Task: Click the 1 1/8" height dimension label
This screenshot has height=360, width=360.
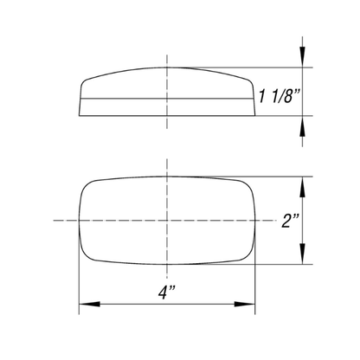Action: pyautogui.click(x=279, y=96)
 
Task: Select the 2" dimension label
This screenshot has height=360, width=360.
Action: pyautogui.click(x=290, y=221)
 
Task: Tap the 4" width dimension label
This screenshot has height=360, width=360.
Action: pyautogui.click(x=167, y=292)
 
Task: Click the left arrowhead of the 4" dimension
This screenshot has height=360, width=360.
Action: pyautogui.click(x=89, y=304)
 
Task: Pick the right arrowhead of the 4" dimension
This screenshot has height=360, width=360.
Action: pyautogui.click(x=245, y=304)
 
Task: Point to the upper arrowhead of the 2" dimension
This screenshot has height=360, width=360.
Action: pyautogui.click(x=302, y=187)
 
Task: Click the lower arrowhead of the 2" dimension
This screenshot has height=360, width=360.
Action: pyautogui.click(x=302, y=254)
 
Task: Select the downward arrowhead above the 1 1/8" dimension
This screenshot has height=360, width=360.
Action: pyautogui.click(x=302, y=57)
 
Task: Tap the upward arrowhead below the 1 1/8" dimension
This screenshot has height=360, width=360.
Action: pyautogui.click(x=302, y=126)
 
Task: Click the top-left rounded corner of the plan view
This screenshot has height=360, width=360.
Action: pyautogui.click(x=86, y=186)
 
